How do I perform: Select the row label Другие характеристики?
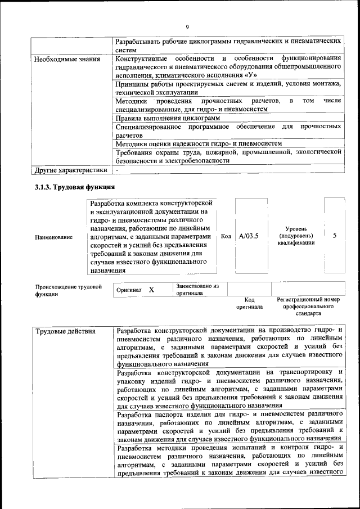[x=70, y=169]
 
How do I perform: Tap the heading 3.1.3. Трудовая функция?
[x=75, y=187]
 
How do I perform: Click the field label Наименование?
[x=53, y=237]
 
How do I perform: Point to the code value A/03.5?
[x=249, y=236]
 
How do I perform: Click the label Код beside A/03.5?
[x=226, y=236]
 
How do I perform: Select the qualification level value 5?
[x=335, y=236]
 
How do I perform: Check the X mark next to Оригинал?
[x=151, y=290]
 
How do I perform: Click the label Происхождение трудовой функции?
[x=69, y=290]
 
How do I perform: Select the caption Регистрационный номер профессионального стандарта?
[x=308, y=307]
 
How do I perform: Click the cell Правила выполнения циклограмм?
[x=167, y=118]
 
